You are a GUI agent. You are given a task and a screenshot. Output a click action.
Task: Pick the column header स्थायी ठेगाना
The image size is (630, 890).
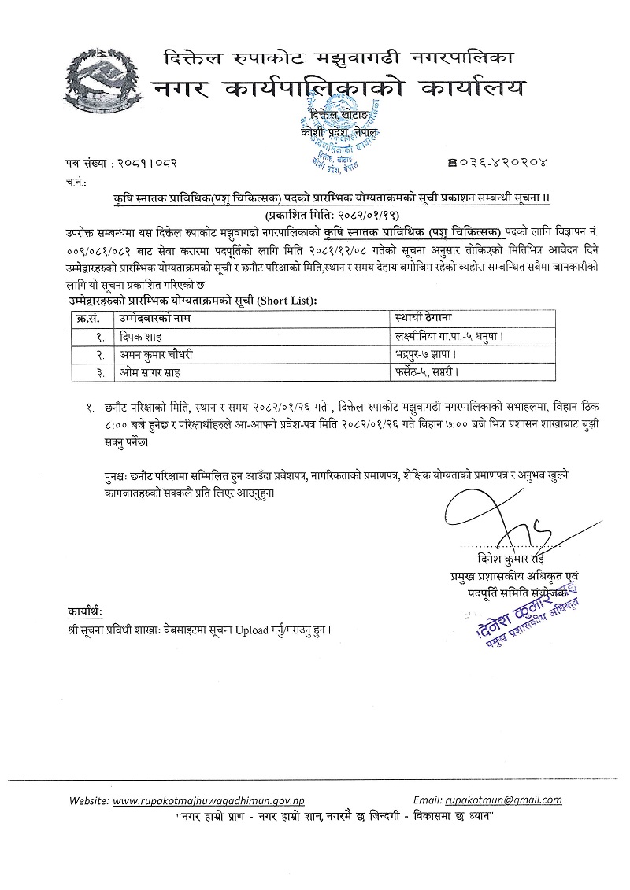tap(424, 318)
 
